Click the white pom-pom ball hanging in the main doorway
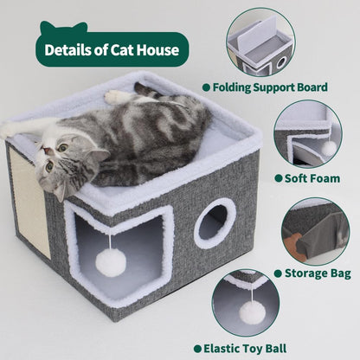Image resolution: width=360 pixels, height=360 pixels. click(x=112, y=260)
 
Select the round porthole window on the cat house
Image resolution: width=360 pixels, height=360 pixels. click(x=214, y=224)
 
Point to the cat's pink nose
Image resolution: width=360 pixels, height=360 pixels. click(x=49, y=166)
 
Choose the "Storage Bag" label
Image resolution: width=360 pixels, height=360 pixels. click(x=312, y=273)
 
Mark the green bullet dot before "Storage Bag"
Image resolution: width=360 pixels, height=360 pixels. click(x=277, y=273)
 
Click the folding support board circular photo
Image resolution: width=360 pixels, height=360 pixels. click(x=260, y=42)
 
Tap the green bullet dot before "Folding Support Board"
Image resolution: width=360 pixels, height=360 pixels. click(x=206, y=87)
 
